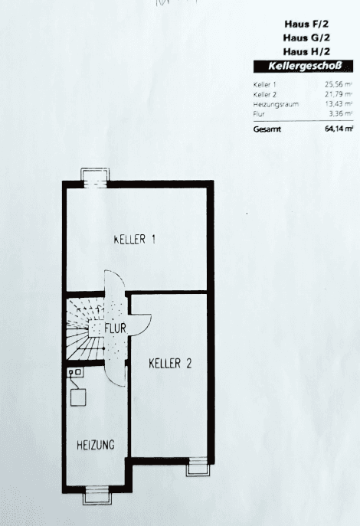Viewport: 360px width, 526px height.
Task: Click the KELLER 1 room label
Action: pos(135,240)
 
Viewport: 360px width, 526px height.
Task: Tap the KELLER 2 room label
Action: pos(170,363)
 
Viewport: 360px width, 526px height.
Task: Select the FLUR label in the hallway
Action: pos(116,328)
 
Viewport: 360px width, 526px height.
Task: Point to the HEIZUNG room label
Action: pos(96,444)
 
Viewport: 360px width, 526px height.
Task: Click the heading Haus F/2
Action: pos(301,24)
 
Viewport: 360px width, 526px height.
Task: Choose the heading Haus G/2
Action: pos(301,38)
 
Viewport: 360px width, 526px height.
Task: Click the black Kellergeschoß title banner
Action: pos(301,67)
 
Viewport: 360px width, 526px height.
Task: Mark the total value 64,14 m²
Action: pos(339,129)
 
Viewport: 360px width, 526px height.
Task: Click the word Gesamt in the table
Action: pos(267,129)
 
